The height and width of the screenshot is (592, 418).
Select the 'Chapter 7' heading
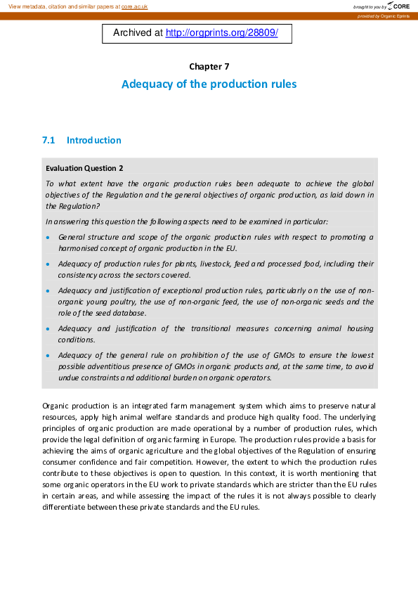[x=209, y=67]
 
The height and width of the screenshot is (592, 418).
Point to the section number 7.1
[x=48, y=141]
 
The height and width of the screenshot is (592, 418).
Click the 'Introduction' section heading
[x=93, y=141]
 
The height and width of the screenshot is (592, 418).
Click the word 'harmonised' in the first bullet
[x=79, y=248]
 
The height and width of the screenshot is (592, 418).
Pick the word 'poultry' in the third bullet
[x=120, y=302]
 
